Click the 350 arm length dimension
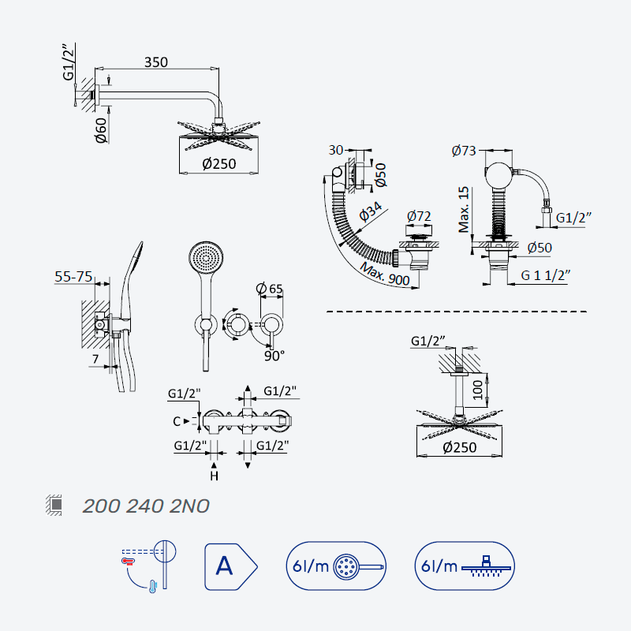pos(156,62)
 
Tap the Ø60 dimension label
pos(101,130)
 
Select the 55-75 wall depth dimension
pos(73,277)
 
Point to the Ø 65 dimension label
pos(269,289)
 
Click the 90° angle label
pos(274,356)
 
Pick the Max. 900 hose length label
pos(385,274)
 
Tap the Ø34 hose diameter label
pos(370,211)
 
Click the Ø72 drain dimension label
pos(419,216)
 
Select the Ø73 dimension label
pos(464,151)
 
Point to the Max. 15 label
pos(464,209)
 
